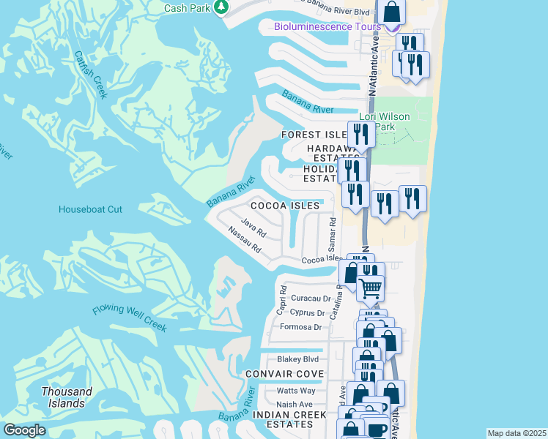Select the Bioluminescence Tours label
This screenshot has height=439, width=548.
pos(327,27)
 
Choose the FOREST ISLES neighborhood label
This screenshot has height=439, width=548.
pos(314,135)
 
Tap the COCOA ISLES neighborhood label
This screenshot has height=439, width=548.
pos(286,206)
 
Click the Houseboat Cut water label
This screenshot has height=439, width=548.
pos(90,209)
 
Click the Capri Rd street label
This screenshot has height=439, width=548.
pos(281,298)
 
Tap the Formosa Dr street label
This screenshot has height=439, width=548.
pos(296,327)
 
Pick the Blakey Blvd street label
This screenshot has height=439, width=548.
pos(297,359)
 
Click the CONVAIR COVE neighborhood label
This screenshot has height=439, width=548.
pos(285,374)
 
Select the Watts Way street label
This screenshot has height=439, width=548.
pos(295,391)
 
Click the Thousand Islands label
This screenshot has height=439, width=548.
pos(67,397)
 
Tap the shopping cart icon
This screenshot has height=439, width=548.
pos(370,288)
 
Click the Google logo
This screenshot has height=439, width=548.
pos(24,430)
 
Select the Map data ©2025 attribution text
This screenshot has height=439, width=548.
pos(516,433)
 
